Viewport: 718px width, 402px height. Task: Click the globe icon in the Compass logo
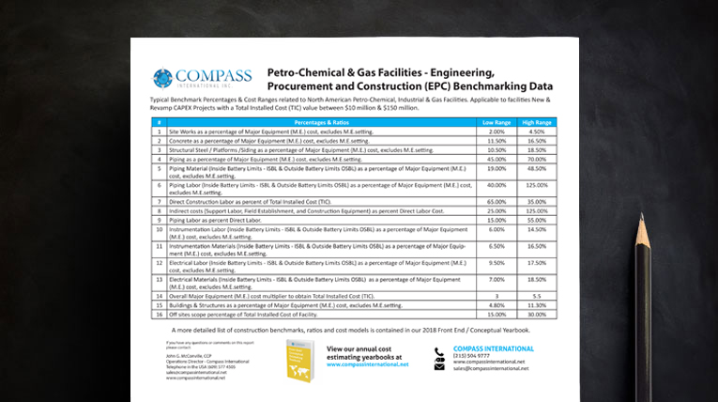tap(162, 79)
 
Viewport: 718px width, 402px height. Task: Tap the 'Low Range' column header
tap(496, 123)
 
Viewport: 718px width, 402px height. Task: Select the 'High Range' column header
tap(537, 123)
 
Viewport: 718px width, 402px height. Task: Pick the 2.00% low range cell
tap(496, 132)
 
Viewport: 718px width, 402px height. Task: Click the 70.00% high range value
tap(537, 160)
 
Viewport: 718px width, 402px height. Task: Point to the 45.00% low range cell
tap(496, 160)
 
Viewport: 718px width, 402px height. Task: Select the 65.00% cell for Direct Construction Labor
tap(496, 202)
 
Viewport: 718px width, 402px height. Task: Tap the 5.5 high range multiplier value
tap(537, 296)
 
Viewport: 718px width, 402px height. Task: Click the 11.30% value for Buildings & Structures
tap(537, 305)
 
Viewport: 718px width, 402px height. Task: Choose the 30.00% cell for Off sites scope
tap(537, 315)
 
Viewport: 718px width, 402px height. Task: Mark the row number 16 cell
tap(160, 315)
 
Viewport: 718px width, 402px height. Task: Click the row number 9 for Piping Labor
tap(160, 220)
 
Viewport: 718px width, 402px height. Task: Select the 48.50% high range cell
tap(537, 169)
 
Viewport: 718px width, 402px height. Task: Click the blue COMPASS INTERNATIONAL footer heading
tap(493, 348)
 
